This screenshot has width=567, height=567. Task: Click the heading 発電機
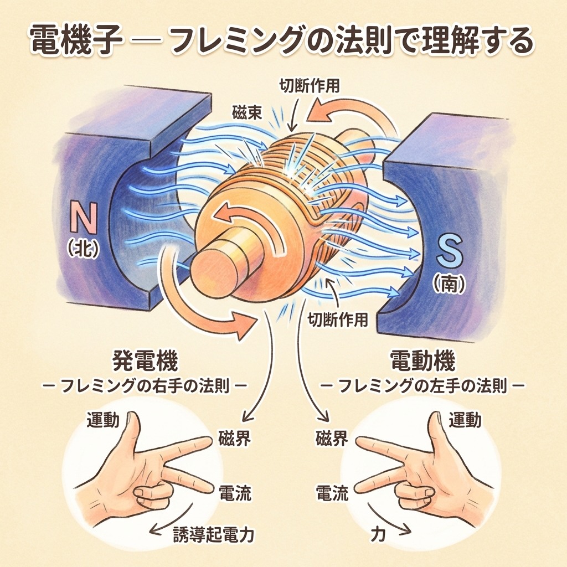coord(145,363)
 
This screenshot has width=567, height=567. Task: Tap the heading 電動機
coord(423,363)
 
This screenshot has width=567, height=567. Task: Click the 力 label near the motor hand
coord(378,534)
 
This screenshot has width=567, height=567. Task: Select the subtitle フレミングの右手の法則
coord(145,385)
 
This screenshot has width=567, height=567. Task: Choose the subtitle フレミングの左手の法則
coord(423,385)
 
